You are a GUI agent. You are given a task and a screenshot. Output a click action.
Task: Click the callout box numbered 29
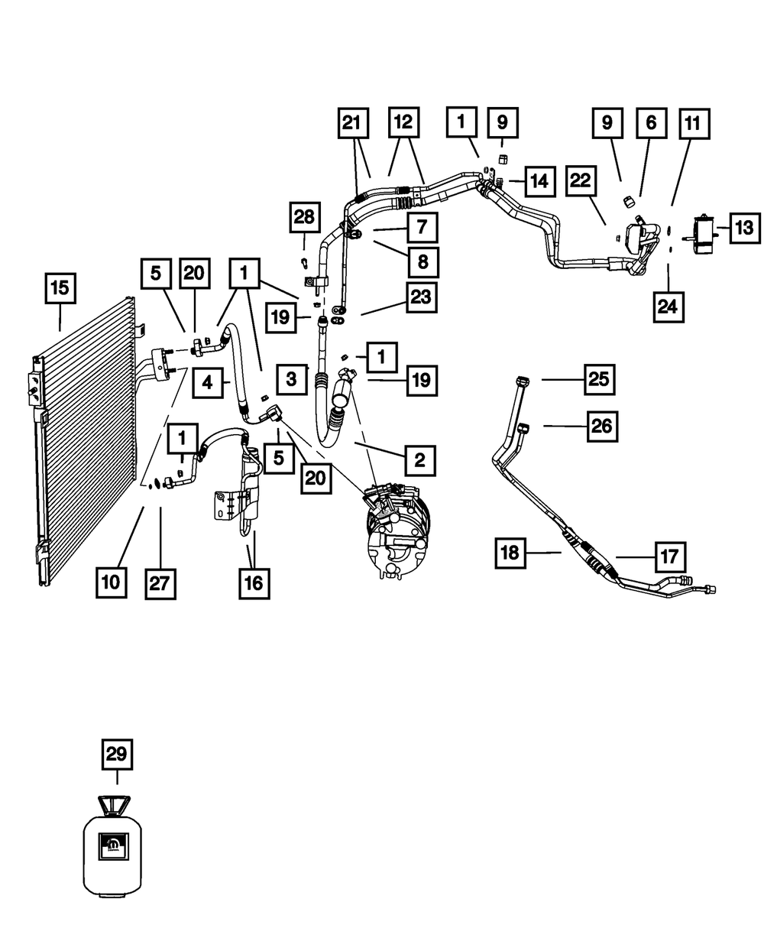click(117, 755)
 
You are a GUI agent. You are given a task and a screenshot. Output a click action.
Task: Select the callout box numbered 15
click(60, 289)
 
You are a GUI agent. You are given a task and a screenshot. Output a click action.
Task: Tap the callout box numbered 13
click(744, 227)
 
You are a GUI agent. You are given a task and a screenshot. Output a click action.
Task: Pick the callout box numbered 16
click(254, 582)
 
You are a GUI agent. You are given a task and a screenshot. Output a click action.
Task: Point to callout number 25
click(601, 378)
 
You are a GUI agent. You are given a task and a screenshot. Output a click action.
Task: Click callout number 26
click(601, 426)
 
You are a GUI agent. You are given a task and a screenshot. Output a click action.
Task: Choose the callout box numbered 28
click(304, 217)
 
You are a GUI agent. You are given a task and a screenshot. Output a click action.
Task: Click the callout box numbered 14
click(539, 181)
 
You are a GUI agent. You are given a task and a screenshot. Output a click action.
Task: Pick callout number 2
click(419, 459)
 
